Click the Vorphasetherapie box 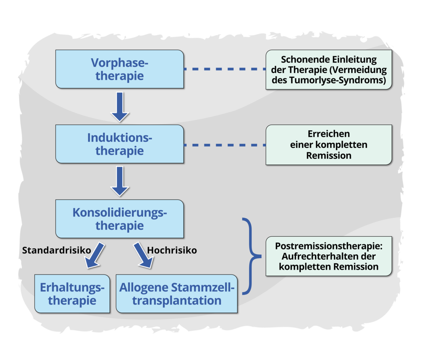pos(119,69)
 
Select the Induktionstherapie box pos(119,144)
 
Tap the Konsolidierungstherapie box pos(119,219)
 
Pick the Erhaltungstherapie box pos(72,293)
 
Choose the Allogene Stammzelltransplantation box pos(177,293)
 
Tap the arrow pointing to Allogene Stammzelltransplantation pos(143,255)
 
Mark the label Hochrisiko pos(172,250)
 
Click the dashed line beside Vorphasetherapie pos(224,69)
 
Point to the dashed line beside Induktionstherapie pos(224,145)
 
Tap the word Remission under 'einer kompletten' pos(329,156)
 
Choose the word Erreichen pos(329,133)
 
